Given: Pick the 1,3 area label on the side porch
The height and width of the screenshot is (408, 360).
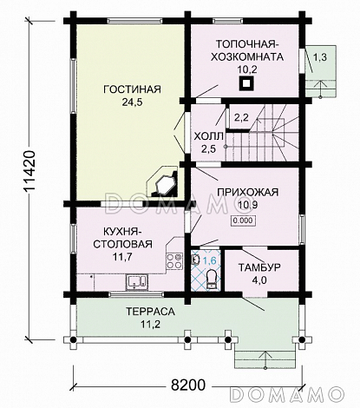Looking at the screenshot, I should [x=319, y=57].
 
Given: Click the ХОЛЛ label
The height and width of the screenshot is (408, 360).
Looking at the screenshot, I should [x=208, y=136].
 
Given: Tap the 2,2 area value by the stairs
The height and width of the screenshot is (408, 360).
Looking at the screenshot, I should [x=241, y=116].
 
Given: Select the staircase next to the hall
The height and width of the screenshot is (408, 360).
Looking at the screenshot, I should [x=278, y=130].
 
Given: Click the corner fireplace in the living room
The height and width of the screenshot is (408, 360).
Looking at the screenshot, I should [x=164, y=183].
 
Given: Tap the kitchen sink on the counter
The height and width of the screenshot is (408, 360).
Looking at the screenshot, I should [x=135, y=280].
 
